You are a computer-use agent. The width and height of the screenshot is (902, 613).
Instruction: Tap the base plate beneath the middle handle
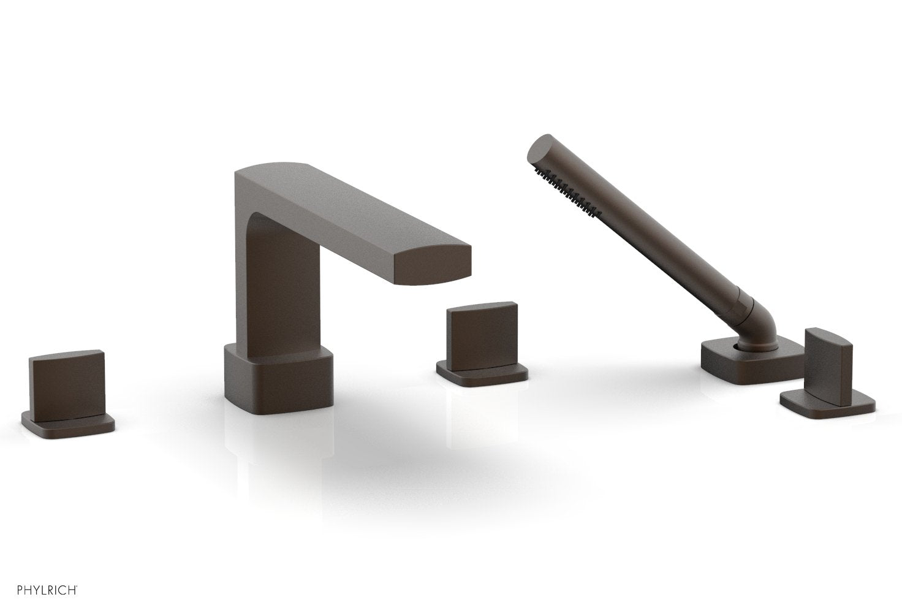[482, 374]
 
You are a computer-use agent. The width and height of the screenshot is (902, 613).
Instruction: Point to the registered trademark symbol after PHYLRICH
[77, 588]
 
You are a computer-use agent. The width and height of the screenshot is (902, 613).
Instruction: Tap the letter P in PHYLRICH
[6, 592]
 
